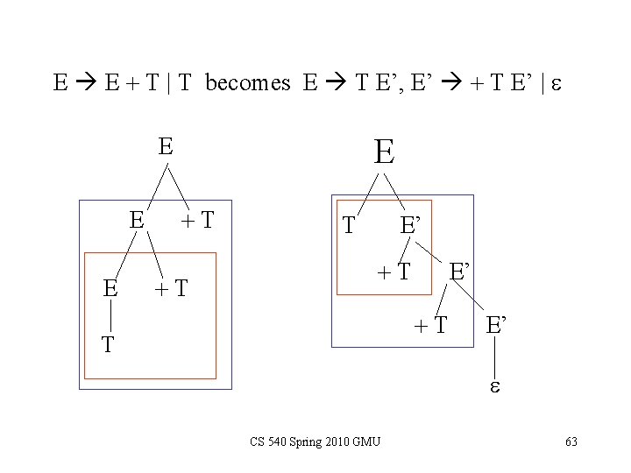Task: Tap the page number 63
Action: (x=571, y=441)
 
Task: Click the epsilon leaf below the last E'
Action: (x=495, y=386)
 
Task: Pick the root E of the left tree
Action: (x=165, y=146)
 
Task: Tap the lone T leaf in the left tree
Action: (x=107, y=344)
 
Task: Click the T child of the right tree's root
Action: (x=349, y=226)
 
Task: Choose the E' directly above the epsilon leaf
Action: (x=495, y=326)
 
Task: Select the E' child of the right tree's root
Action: (x=412, y=226)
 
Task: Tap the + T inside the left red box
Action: (x=171, y=288)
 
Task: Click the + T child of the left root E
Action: (x=198, y=219)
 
